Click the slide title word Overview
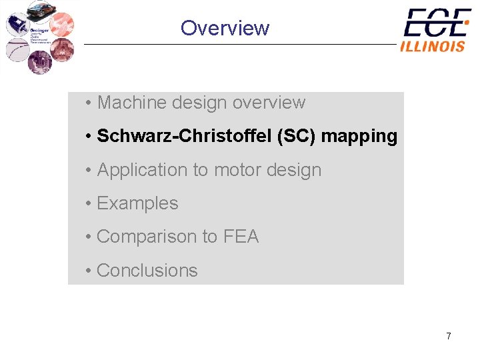225,28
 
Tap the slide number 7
449,336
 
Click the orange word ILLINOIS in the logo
433,46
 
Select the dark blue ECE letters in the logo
434,23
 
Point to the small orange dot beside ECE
467,22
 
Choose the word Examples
137,203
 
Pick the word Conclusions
147,270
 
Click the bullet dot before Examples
88,203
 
